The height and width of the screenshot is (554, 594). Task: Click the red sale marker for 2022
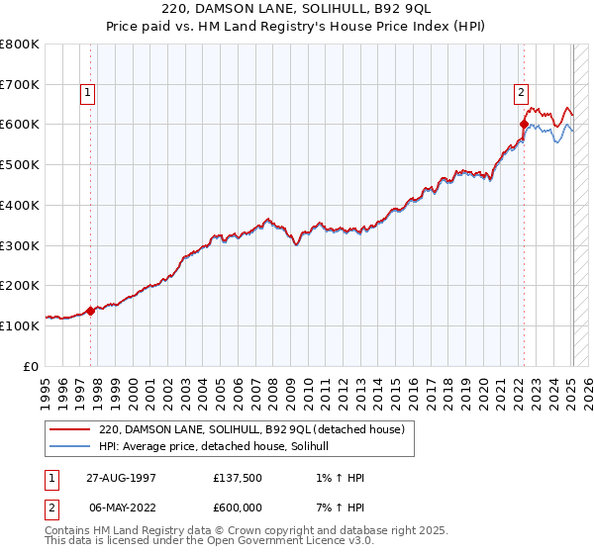pyautogui.click(x=524, y=124)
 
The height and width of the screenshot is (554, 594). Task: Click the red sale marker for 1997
pyautogui.click(x=90, y=310)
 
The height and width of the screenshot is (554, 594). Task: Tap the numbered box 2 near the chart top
pyautogui.click(x=521, y=94)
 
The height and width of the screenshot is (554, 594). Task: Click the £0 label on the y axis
pyautogui.click(x=32, y=366)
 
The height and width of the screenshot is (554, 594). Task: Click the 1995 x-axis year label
pyautogui.click(x=46, y=386)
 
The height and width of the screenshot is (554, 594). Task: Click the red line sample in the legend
pyautogui.click(x=69, y=430)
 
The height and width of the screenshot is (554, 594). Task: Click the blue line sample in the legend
pyautogui.click(x=69, y=447)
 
